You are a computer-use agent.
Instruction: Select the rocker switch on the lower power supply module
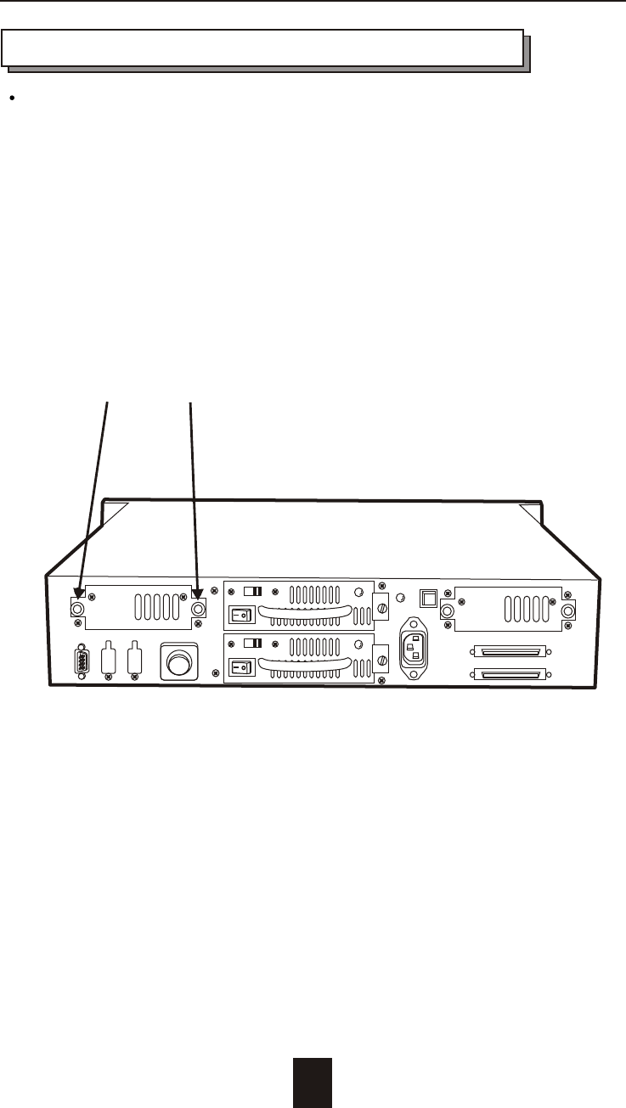point(243,667)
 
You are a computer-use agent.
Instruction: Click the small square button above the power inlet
point(429,598)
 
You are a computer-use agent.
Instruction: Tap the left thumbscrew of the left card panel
point(77,609)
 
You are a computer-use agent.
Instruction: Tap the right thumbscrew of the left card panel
point(199,609)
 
